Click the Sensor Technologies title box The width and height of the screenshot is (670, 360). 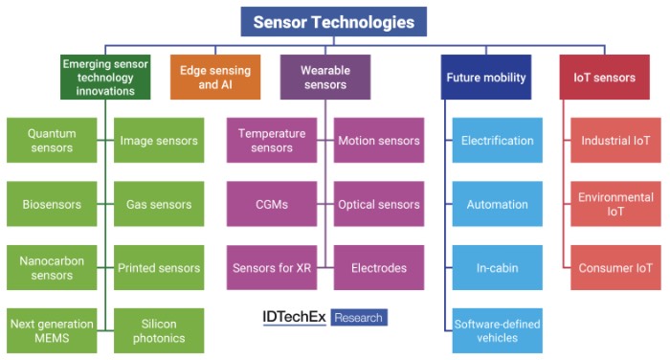334,21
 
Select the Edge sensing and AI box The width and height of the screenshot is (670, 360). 215,77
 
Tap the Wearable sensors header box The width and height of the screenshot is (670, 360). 325,77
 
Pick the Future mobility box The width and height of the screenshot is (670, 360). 486,77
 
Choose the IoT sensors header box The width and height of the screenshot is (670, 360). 605,77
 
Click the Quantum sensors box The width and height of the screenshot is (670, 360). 52,140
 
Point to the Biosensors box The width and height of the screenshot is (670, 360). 52,204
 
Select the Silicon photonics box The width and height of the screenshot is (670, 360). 159,330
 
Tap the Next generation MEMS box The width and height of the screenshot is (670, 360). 52,330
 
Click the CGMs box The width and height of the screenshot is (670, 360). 272,204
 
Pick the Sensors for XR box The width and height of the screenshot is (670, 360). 272,268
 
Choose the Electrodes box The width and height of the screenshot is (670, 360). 379,268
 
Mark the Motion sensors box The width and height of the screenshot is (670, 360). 379,140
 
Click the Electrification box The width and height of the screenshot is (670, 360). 498,140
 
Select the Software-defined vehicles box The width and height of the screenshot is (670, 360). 498,330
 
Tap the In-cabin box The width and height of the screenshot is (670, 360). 498,268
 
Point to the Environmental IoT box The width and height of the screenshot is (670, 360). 615,204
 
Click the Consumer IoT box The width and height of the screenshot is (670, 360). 615,268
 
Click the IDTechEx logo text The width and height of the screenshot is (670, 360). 294,317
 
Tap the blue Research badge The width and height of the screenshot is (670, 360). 359,317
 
